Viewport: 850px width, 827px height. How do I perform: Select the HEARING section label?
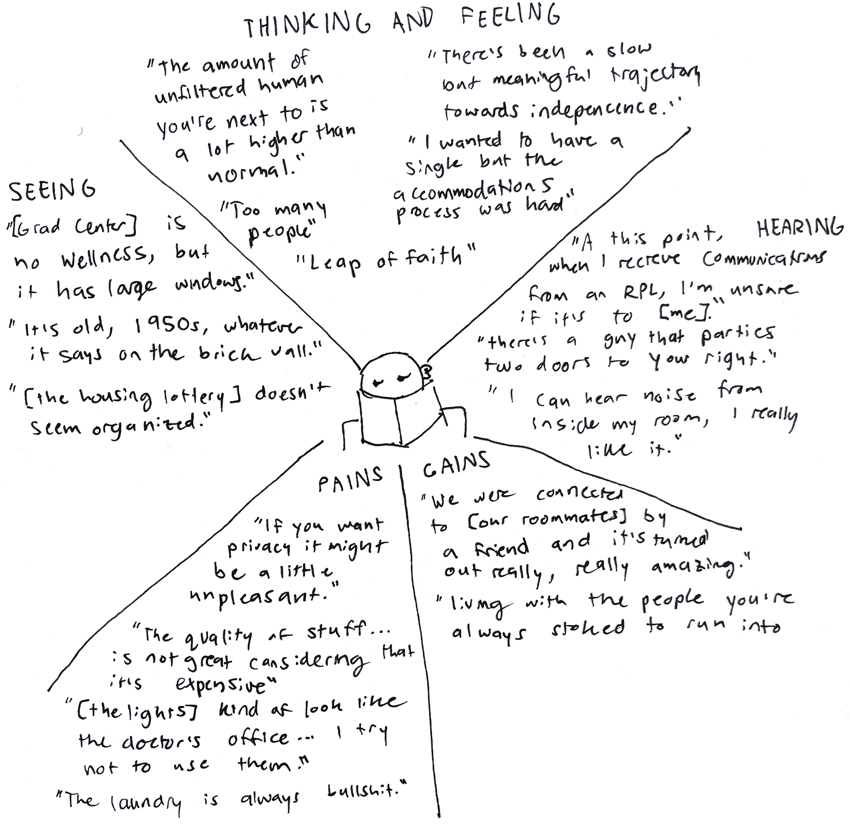(x=799, y=229)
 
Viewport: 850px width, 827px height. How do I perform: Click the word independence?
(x=593, y=109)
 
